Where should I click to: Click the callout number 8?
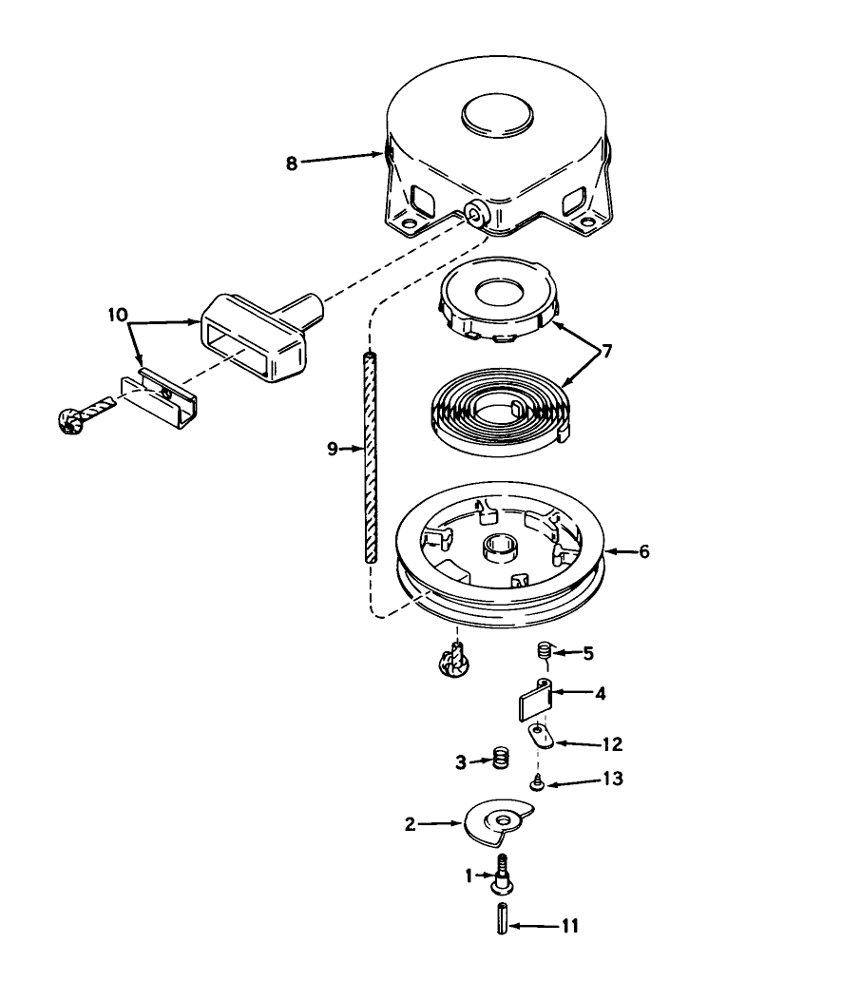[291, 164]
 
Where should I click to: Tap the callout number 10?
[118, 315]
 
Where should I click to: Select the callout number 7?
[606, 351]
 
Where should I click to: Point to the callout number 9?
[333, 449]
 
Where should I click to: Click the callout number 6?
[643, 551]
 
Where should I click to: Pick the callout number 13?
[612, 779]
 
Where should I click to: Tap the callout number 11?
[569, 926]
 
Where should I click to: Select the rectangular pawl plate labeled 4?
[534, 699]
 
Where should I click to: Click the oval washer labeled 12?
[541, 735]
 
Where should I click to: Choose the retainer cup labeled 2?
[498, 822]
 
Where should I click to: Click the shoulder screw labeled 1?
[502, 872]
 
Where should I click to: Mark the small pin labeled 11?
[502, 918]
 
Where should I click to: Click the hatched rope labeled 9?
[371, 458]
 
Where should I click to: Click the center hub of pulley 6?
[498, 547]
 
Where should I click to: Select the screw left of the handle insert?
[85, 413]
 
